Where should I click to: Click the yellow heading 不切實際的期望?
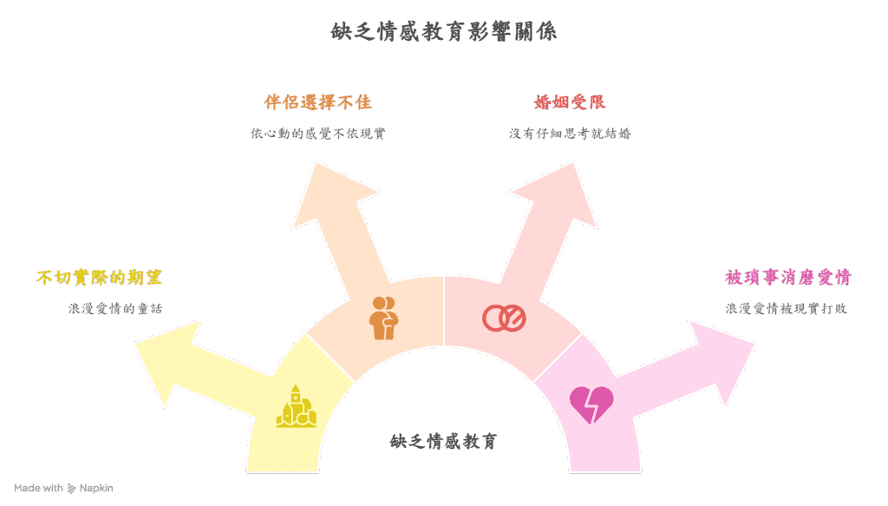pyautogui.click(x=100, y=278)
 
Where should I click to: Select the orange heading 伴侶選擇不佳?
pyautogui.click(x=317, y=102)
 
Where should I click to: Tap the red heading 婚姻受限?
pyautogui.click(x=570, y=102)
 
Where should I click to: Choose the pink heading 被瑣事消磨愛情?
pyautogui.click(x=788, y=278)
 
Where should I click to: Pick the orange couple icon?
pyautogui.click(x=382, y=318)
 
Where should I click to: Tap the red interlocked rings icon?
pyautogui.click(x=504, y=318)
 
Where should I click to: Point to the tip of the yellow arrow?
pyautogui.click(x=135, y=345)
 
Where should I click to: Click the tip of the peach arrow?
pyautogui.click(x=317, y=162)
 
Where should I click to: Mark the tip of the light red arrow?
pyautogui.click(x=571, y=162)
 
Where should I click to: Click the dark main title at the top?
pyautogui.click(x=443, y=31)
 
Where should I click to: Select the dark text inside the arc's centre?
pyautogui.click(x=443, y=441)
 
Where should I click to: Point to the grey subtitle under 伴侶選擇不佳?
pyautogui.click(x=317, y=134)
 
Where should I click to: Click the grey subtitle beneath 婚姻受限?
pyautogui.click(x=570, y=134)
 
